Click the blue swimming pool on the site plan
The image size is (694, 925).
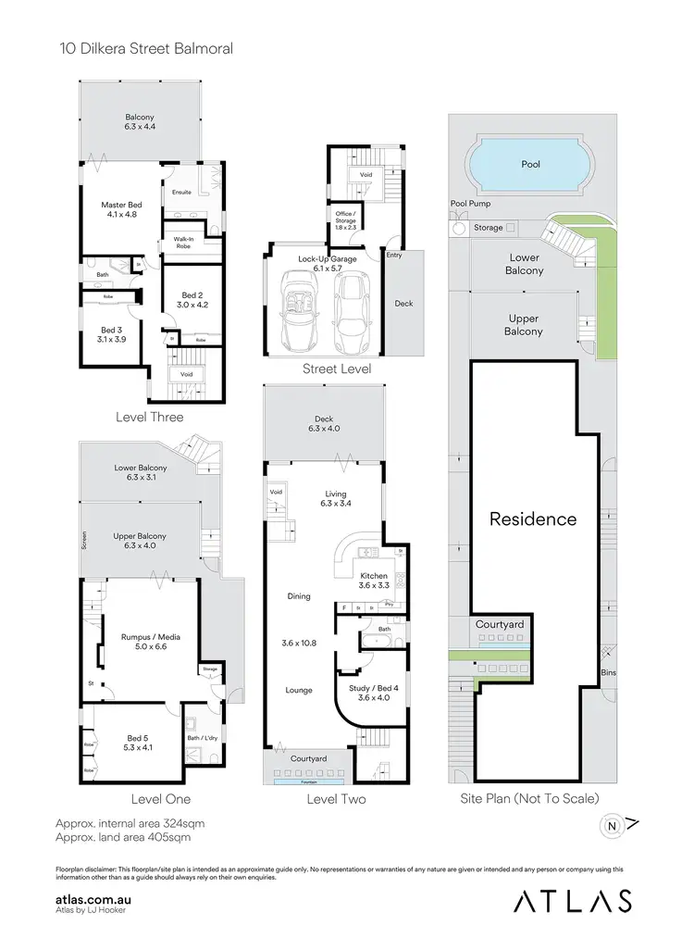530,165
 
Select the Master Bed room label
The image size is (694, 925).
121,209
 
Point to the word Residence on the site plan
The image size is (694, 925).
533,519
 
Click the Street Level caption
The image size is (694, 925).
337,369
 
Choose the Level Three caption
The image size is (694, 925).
149,417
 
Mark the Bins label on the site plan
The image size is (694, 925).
608,672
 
